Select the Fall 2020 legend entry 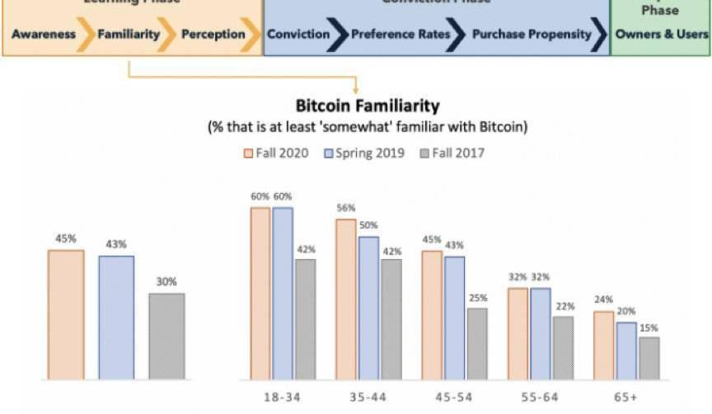pos(276,153)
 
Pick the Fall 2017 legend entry pos(452,153)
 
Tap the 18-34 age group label pos(282,397)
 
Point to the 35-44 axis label pos(368,397)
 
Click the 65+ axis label pos(626,397)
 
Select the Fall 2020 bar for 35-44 pos(346,299)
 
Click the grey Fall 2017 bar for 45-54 pos(477,344)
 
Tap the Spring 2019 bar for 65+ pos(626,351)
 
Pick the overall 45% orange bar pos(66,314)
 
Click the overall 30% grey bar pos(166,336)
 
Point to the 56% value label pos(345,210)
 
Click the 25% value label pos(478,299)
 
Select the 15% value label pos(649,327)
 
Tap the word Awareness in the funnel pos(44,35)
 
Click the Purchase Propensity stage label pos(532,35)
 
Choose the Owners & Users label pos(662,35)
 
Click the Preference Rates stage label pos(400,35)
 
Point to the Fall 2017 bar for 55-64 pos(563,348)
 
